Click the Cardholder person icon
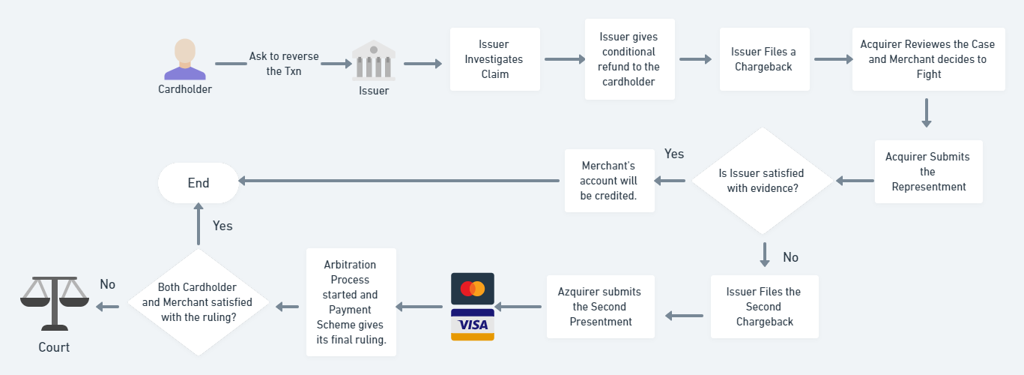(x=185, y=59)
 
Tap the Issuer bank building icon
(x=374, y=61)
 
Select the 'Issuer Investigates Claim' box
(x=495, y=59)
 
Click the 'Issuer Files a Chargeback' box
(x=764, y=59)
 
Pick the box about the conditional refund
(x=630, y=59)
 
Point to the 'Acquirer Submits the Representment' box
(x=928, y=172)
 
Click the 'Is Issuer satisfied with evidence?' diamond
(x=763, y=181)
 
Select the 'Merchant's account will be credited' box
(x=609, y=181)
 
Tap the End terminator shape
(x=199, y=183)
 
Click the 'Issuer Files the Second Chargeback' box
(x=764, y=307)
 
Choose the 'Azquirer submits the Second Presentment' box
(x=601, y=307)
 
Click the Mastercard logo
(x=473, y=289)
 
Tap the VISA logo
(x=473, y=325)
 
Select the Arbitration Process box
(x=351, y=302)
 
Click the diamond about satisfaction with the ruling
(x=199, y=302)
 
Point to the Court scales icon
(x=55, y=304)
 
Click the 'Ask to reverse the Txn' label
(x=284, y=64)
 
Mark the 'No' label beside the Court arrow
(x=107, y=284)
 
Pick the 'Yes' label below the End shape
(x=222, y=226)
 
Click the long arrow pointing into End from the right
(x=399, y=181)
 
